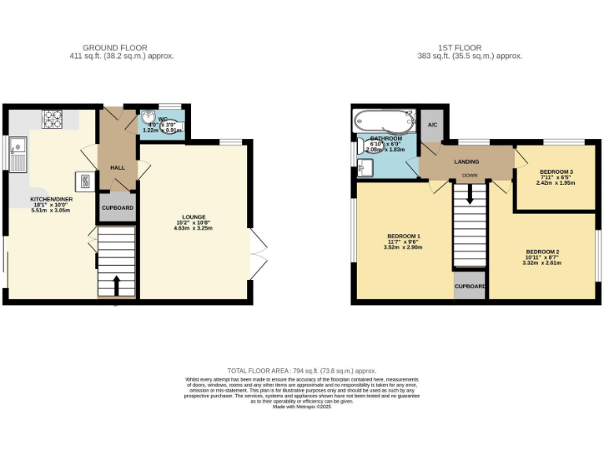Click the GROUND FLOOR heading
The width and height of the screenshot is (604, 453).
click(x=115, y=48)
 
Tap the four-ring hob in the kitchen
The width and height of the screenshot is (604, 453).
click(x=53, y=119)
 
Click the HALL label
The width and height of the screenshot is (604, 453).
click(x=117, y=168)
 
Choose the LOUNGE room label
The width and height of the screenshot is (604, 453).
click(x=194, y=217)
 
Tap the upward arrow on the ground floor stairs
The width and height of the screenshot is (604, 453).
click(x=116, y=282)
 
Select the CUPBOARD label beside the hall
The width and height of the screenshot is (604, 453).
click(x=117, y=208)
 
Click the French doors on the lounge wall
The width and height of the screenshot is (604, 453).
click(x=257, y=254)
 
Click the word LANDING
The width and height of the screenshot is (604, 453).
click(x=466, y=161)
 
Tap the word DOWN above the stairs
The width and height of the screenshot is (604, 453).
click(x=470, y=175)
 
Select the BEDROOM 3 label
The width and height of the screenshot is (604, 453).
click(x=555, y=171)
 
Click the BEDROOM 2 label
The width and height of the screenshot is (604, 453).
click(x=544, y=254)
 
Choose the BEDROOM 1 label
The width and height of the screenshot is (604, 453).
click(x=404, y=237)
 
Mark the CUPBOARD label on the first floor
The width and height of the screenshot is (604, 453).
click(x=470, y=286)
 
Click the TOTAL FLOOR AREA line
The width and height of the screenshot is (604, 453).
click(x=301, y=370)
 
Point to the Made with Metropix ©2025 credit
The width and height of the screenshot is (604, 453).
click(x=301, y=407)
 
